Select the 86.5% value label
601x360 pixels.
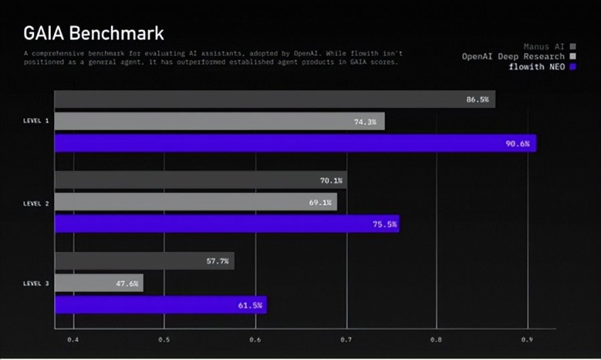click(x=477, y=100)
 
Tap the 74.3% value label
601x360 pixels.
click(x=365, y=122)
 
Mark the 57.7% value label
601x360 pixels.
click(x=217, y=261)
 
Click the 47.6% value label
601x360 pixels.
click(x=126, y=283)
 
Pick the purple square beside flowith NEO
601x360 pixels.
click(x=574, y=67)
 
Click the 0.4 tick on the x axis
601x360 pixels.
click(x=73, y=340)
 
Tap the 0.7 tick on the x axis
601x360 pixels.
click(x=346, y=340)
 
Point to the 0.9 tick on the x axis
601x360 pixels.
click(x=528, y=340)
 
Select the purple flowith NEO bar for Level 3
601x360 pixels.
click(x=160, y=305)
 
